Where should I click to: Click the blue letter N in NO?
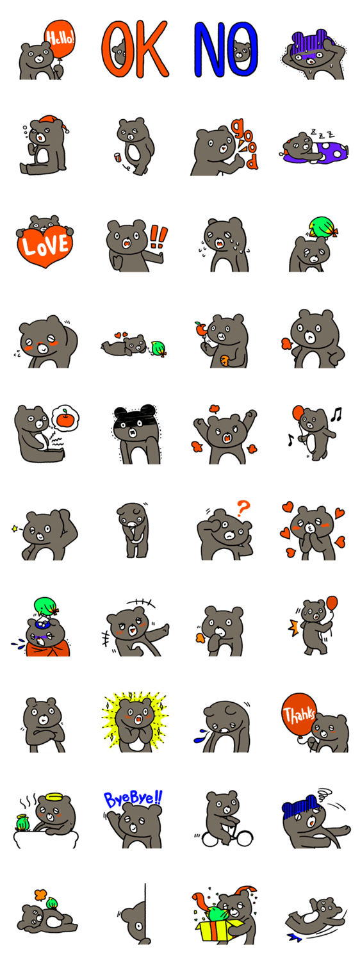211,49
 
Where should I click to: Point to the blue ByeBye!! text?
133,799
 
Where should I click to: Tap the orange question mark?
243,508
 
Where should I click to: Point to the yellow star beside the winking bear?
15,529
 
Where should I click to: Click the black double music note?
336,414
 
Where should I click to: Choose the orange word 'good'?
246,144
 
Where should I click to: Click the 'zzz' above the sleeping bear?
325,135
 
